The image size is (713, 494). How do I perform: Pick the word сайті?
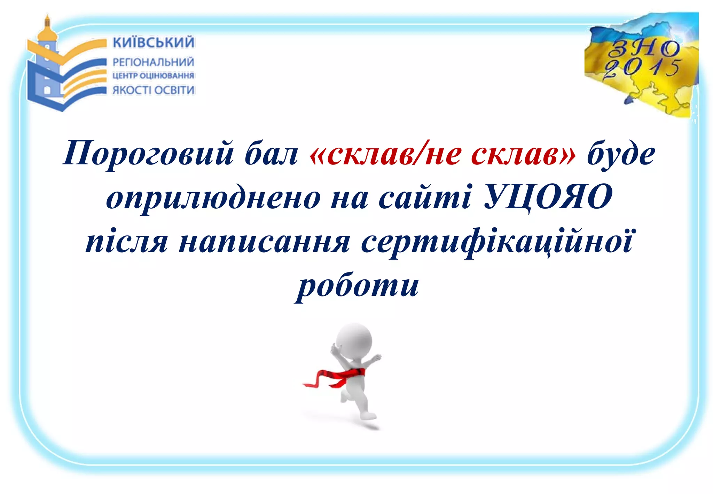(x=425, y=198)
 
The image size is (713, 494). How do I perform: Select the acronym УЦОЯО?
(x=548, y=197)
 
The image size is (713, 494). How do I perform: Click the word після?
(x=127, y=242)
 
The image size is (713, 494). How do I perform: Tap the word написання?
(x=264, y=242)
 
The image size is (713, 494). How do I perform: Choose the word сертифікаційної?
(x=496, y=242)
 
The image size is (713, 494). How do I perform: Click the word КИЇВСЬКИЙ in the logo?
(x=154, y=43)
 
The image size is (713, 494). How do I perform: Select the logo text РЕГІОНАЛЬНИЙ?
(x=153, y=62)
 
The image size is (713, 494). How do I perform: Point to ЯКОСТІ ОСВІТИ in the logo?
(x=154, y=90)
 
